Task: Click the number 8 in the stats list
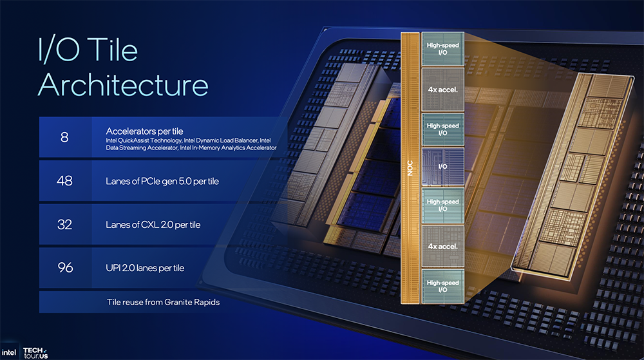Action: click(64, 137)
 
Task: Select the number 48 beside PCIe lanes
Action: click(64, 181)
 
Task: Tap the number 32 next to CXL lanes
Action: click(64, 224)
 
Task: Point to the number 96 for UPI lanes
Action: click(64, 268)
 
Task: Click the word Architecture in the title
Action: click(123, 85)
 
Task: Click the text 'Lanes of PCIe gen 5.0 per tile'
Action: click(162, 182)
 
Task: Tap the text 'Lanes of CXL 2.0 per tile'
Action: click(153, 225)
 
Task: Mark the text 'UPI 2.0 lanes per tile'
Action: click(145, 268)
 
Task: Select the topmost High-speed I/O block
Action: click(442, 48)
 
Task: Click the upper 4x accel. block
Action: click(442, 89)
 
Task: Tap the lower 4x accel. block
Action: click(442, 245)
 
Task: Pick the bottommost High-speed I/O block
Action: click(442, 286)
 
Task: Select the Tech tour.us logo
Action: click(35, 352)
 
